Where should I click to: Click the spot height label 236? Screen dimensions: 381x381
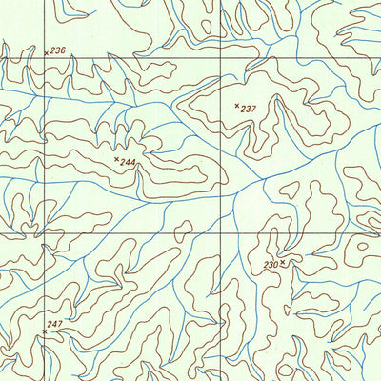(58, 50)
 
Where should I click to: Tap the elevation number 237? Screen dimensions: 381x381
(249, 110)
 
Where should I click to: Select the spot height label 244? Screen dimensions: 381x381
(129, 164)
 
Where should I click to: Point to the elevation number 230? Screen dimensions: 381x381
(271, 264)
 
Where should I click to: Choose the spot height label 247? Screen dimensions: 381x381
(54, 325)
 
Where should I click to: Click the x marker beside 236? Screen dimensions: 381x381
(47, 53)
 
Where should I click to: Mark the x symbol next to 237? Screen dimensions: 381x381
(237, 106)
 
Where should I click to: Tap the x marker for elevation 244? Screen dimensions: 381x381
(117, 160)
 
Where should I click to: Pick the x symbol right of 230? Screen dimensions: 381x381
(283, 260)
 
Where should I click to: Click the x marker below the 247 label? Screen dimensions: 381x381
(44, 333)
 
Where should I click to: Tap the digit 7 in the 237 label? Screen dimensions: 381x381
(253, 110)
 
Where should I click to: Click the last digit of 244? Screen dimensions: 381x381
(133, 164)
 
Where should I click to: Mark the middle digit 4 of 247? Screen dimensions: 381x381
(54, 325)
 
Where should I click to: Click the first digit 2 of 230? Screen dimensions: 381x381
(266, 264)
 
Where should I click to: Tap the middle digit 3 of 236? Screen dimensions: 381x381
(58, 50)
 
